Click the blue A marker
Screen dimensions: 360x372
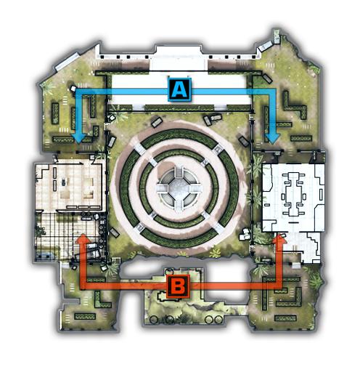click(x=179, y=89)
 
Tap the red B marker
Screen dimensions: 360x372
click(x=178, y=287)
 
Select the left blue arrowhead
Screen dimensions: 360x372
click(x=80, y=138)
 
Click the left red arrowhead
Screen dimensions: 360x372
click(x=83, y=238)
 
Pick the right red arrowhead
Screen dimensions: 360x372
click(x=279, y=238)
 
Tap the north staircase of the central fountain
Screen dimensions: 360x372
click(x=179, y=171)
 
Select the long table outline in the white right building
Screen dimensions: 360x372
click(x=294, y=194)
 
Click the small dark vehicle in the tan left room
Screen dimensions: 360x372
click(x=63, y=182)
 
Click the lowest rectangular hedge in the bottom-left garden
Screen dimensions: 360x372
click(x=85, y=316)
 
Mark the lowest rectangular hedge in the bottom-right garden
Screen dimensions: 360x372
click(x=285, y=318)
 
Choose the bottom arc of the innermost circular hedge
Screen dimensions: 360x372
click(x=179, y=222)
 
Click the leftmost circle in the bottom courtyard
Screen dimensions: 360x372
click(x=154, y=320)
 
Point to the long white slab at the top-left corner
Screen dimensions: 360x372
click(x=67, y=62)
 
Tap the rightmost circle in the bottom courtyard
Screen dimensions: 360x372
click(x=218, y=320)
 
